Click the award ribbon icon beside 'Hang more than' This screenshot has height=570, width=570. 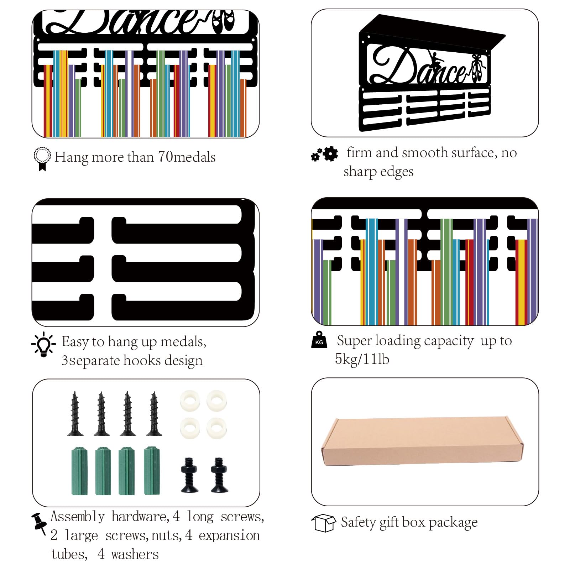42,159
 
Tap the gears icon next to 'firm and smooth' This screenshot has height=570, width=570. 324,154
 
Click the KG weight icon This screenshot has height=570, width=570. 319,340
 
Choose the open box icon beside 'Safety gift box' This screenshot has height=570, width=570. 323,523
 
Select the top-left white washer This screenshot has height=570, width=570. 190,400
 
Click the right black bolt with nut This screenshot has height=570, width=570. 219,475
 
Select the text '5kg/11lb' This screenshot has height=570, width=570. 362,359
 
